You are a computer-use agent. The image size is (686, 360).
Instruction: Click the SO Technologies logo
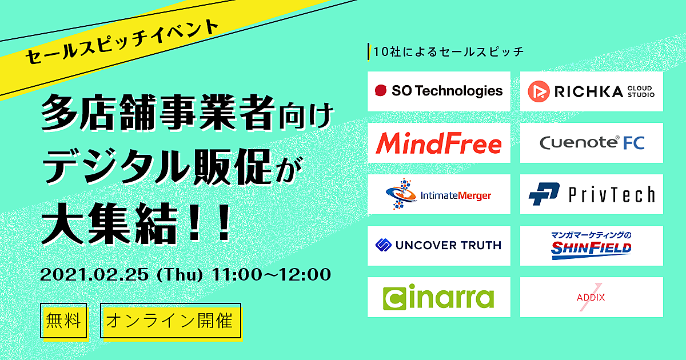coord(438,91)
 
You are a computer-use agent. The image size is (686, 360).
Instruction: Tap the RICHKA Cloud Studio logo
coord(591,91)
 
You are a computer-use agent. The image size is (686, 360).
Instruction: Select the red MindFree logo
coord(438,143)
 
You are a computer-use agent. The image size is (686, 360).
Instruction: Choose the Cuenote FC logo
coord(592,143)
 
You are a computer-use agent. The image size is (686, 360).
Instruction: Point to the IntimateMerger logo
coord(438,194)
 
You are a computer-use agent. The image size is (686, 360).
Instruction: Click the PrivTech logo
coord(592,194)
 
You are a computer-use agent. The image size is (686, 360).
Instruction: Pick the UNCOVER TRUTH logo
coord(438,245)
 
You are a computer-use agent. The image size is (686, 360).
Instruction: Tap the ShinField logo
coord(591,246)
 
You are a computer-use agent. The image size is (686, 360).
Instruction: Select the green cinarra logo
coord(438,297)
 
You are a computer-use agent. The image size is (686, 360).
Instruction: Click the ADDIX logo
coord(591,297)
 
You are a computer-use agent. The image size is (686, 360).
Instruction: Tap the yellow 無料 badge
coord(63,321)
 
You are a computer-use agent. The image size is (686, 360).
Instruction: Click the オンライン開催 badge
coord(171,321)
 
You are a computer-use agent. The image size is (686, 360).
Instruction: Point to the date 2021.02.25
coord(94,274)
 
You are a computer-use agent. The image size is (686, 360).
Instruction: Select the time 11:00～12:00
coord(272,274)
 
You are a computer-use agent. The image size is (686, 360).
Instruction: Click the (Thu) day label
coord(180,275)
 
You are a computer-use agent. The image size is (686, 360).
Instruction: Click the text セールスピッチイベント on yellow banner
coord(122,41)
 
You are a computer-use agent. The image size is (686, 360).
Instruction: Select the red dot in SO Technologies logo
coord(381,91)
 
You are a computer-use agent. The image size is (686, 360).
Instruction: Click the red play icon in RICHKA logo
coord(539,91)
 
